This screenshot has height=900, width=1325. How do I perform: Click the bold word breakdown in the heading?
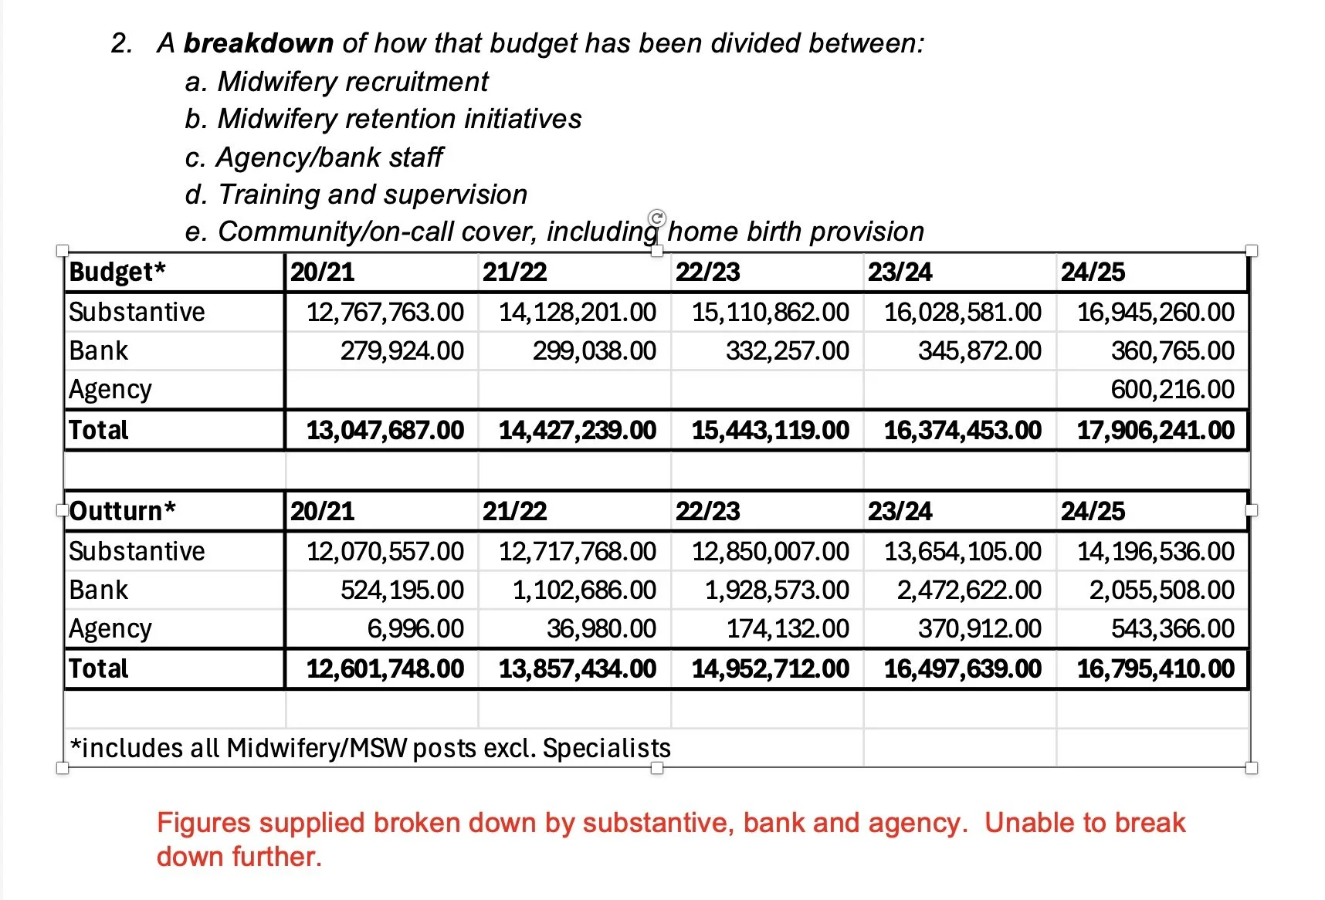click(x=258, y=43)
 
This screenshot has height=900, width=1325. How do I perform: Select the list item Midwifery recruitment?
click(x=353, y=81)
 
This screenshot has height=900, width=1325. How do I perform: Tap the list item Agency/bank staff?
click(x=329, y=157)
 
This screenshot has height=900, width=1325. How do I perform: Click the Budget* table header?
click(x=117, y=272)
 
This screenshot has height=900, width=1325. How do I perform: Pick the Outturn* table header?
click(x=123, y=511)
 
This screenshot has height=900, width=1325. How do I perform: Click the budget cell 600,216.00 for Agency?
click(x=1172, y=389)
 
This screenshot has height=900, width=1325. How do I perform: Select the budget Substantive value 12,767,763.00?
click(x=385, y=312)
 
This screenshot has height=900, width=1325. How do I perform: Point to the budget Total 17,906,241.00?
click(x=1155, y=430)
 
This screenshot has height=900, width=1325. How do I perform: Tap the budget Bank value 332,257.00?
click(x=787, y=350)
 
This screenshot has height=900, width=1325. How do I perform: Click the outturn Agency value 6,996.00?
click(x=415, y=628)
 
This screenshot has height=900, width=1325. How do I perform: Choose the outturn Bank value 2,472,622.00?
click(x=968, y=590)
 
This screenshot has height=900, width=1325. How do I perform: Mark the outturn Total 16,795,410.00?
click(x=1155, y=668)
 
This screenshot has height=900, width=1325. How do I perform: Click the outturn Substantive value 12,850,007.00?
click(x=770, y=551)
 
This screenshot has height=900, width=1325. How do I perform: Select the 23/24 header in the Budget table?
click(x=900, y=272)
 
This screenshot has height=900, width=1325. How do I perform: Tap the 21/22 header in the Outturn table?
click(x=514, y=511)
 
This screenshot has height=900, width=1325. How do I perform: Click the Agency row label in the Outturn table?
click(x=110, y=628)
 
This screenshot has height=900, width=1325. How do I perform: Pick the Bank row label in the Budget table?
click(x=98, y=350)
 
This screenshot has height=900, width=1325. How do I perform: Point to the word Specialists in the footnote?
click(x=606, y=748)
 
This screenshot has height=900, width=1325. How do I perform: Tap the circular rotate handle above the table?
click(x=657, y=218)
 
